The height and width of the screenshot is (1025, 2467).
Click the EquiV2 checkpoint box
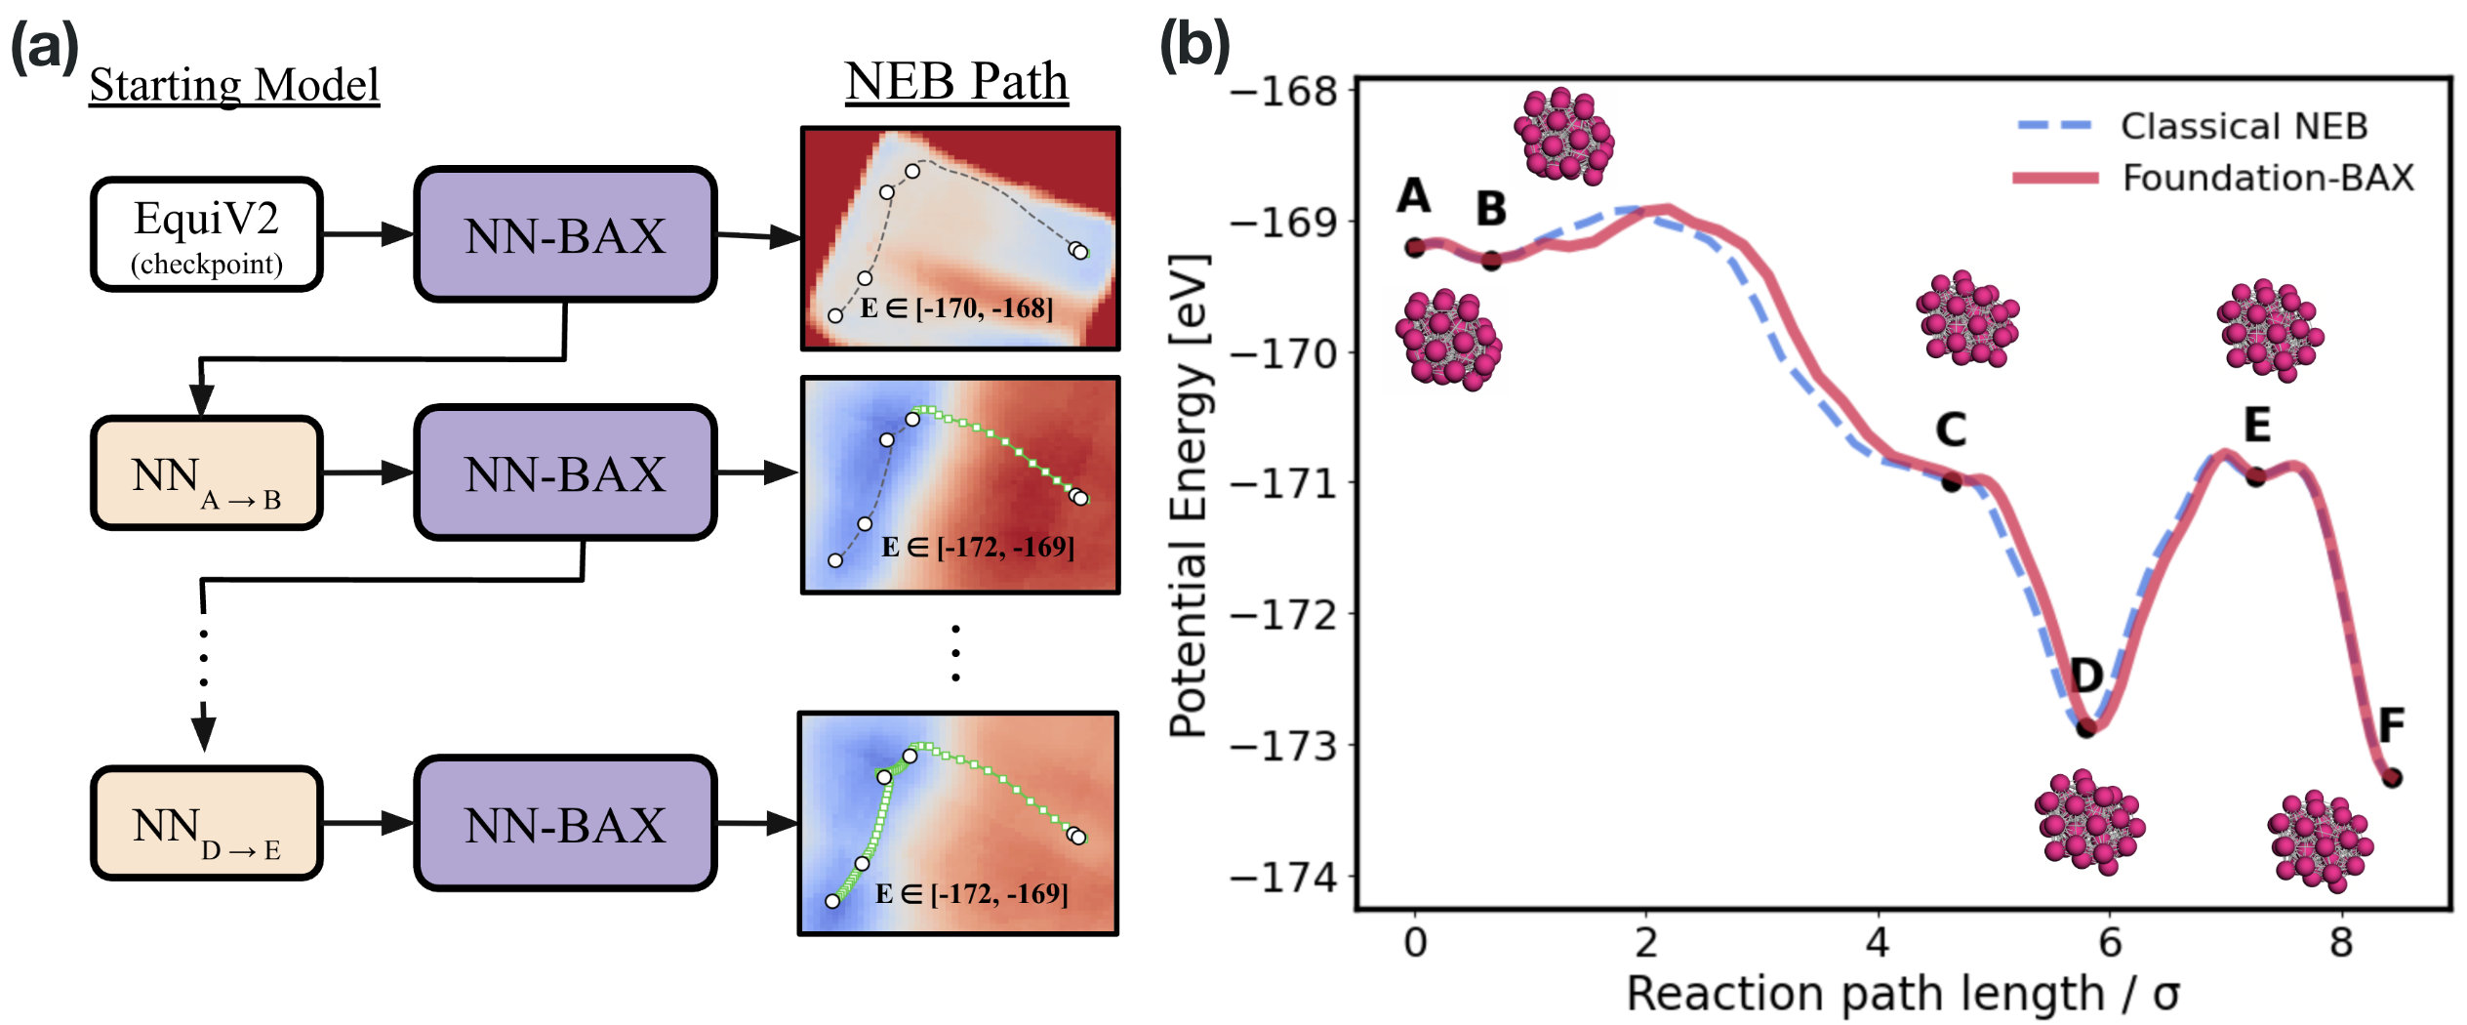[207, 234]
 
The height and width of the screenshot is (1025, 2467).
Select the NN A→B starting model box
[207, 473]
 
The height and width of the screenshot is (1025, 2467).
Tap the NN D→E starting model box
[207, 823]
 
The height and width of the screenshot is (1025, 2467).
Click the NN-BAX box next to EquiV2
[565, 234]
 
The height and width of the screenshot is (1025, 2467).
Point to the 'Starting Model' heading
[234, 85]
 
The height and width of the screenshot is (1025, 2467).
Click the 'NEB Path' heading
[956, 81]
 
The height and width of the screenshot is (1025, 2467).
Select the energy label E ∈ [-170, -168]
[956, 308]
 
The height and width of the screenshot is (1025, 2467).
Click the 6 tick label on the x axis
[2110, 943]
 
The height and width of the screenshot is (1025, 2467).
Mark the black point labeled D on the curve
[2085, 727]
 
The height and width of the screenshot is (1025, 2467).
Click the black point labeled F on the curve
[2392, 778]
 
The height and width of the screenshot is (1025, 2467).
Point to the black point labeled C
[1951, 481]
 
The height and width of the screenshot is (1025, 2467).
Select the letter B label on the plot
[1490, 208]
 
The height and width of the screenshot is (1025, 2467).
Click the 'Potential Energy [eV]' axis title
[1190, 496]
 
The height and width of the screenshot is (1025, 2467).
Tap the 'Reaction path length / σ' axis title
[1903, 995]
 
